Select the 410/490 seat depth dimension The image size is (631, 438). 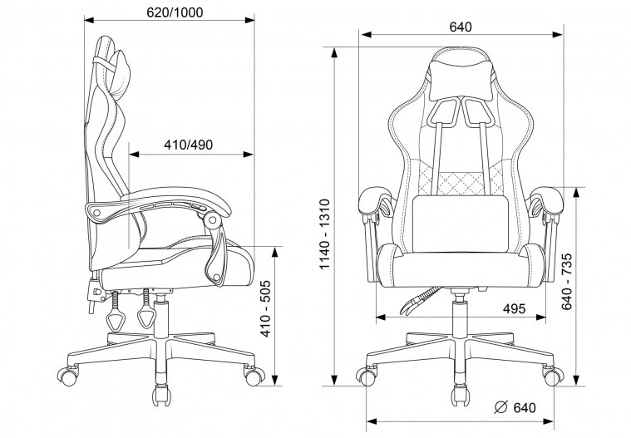[x=188, y=144]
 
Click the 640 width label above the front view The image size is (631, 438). [x=460, y=27]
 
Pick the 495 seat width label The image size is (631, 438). [x=514, y=309]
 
